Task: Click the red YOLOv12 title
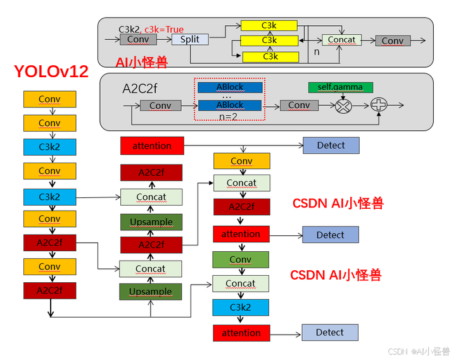51,71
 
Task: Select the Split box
190,39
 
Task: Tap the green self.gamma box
341,87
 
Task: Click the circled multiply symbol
343,106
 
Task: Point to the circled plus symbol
379,104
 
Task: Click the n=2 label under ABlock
228,117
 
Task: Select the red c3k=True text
164,29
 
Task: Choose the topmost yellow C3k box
269,25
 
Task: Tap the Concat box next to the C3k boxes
341,40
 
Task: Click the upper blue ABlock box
230,87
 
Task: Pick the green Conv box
241,259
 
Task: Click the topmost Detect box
331,146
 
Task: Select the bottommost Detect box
330,332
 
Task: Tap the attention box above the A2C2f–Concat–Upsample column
152,146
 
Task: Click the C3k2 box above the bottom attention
241,307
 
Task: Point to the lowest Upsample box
151,292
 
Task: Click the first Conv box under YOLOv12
50,99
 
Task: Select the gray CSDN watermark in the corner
419,352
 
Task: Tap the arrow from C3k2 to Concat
98,197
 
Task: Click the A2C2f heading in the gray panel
140,89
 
